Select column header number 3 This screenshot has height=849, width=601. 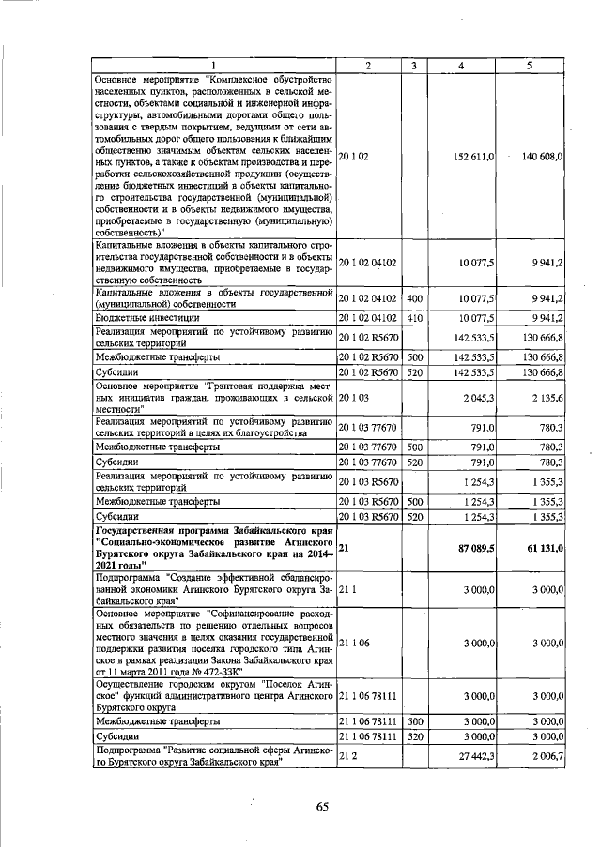click(x=414, y=64)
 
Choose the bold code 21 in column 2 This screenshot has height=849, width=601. click(x=344, y=547)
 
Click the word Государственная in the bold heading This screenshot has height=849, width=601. click(x=141, y=530)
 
